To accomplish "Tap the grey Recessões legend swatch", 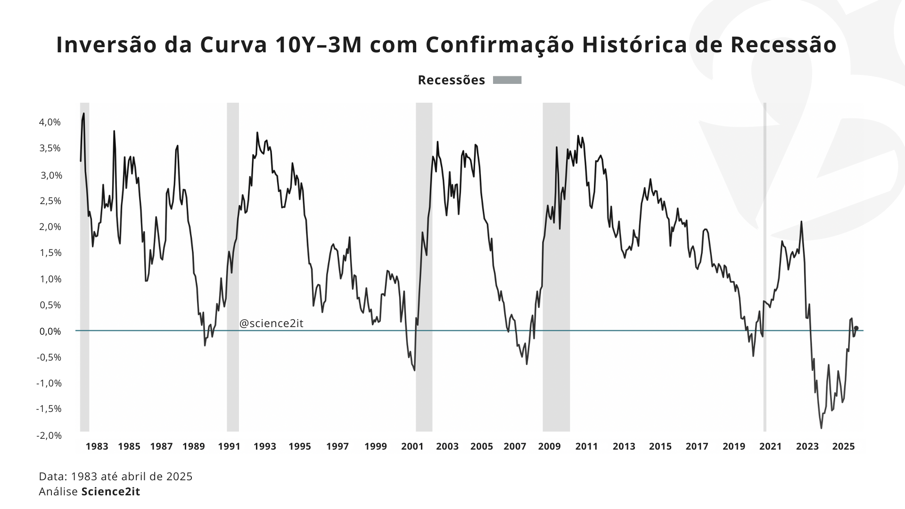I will click(x=507, y=80).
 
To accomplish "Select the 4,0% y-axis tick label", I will click(x=50, y=123).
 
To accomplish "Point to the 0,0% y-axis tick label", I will click(x=50, y=331).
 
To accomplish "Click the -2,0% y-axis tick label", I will click(x=49, y=435).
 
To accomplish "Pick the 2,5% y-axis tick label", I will click(x=50, y=201).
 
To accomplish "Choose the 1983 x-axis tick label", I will click(x=97, y=446).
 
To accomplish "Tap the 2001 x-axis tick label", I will click(x=412, y=446).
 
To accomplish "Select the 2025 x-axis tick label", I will click(x=843, y=446).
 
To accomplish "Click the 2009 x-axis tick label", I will click(x=550, y=446).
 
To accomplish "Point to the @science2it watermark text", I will click(x=271, y=323).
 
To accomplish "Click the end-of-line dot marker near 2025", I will click(x=856, y=328).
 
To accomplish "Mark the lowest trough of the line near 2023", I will click(x=821, y=427).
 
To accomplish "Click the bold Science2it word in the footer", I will click(x=111, y=492).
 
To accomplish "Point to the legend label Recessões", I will click(x=451, y=80).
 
